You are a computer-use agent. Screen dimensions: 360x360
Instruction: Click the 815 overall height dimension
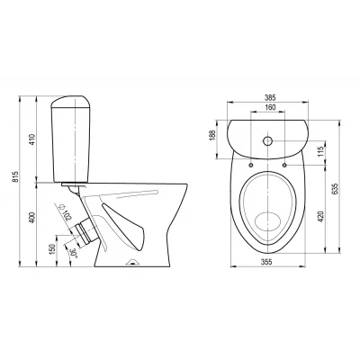pyautogui.click(x=15, y=177)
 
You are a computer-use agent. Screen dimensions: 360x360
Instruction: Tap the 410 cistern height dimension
pyautogui.click(x=32, y=139)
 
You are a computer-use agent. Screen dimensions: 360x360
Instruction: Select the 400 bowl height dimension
pyautogui.click(x=32, y=218)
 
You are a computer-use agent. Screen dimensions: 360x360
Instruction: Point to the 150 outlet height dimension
pyautogui.click(x=53, y=249)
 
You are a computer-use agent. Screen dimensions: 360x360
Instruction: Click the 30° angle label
pyautogui.click(x=73, y=254)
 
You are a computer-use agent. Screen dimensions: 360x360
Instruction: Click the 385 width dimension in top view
pyautogui.click(x=270, y=98)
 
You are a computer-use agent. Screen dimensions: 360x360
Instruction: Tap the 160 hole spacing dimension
pyautogui.click(x=270, y=107)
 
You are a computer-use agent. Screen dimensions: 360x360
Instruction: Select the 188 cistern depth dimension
pyautogui.click(x=212, y=135)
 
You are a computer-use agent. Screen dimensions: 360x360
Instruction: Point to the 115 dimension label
pyautogui.click(x=321, y=151)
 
